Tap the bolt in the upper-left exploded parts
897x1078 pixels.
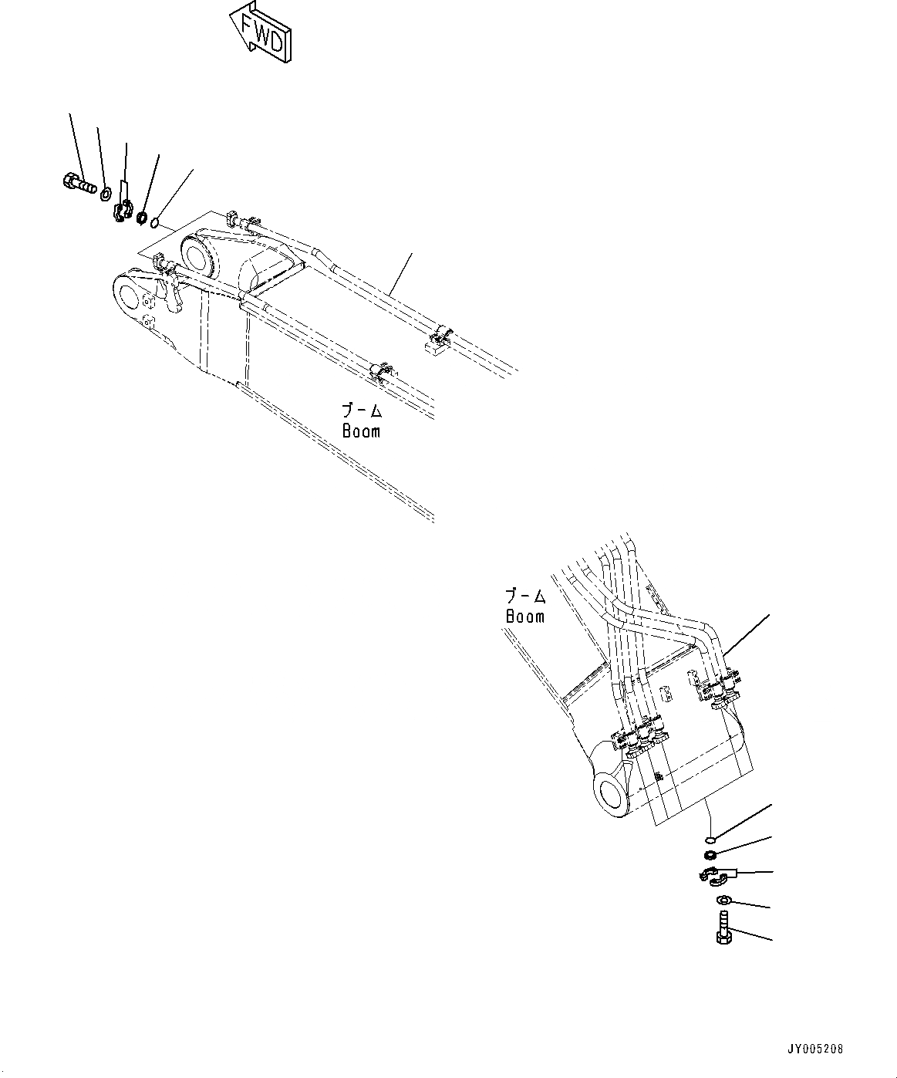(x=75, y=184)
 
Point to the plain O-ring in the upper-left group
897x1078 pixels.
(x=155, y=224)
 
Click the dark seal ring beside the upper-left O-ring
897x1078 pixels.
(x=142, y=218)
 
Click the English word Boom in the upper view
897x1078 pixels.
(x=361, y=431)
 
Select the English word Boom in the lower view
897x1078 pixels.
(x=524, y=616)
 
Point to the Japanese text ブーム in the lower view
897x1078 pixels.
(x=525, y=596)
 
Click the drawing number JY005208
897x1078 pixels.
(x=816, y=1049)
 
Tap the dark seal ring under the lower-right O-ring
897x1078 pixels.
(x=710, y=854)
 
